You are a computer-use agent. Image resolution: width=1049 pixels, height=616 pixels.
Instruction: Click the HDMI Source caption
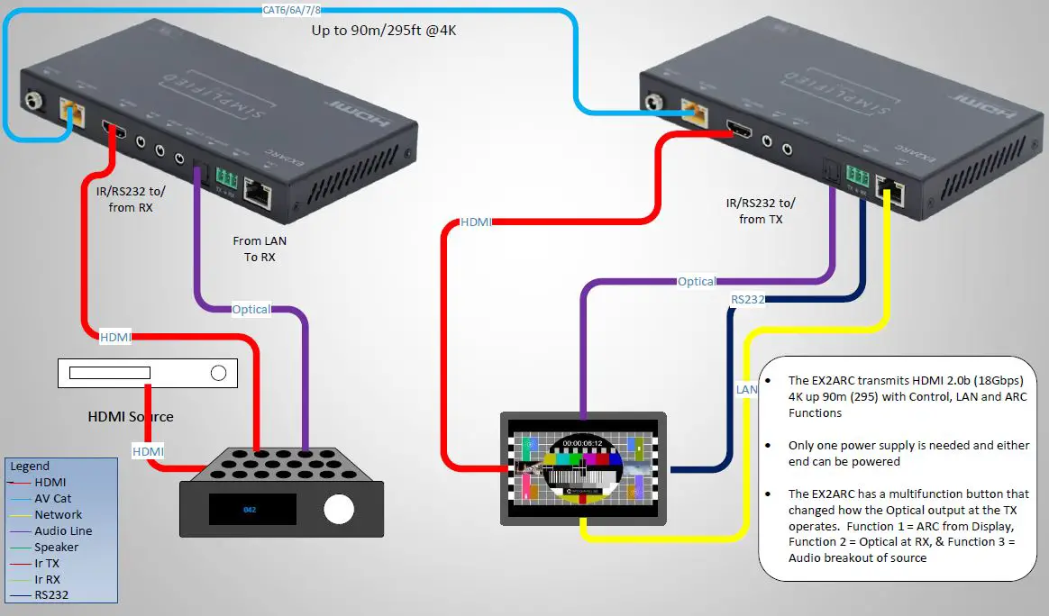[x=130, y=416]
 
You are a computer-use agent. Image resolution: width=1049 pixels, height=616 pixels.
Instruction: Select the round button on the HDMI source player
[x=218, y=373]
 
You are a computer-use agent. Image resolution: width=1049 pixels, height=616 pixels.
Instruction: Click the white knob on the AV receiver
[x=338, y=509]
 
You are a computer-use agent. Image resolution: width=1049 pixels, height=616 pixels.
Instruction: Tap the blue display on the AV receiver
[x=252, y=509]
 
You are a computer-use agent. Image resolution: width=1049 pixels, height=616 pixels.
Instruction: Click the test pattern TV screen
[x=583, y=468]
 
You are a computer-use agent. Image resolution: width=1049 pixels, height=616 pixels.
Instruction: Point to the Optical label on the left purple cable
[x=251, y=309]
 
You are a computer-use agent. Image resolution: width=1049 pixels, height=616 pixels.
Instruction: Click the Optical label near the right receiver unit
[x=697, y=281]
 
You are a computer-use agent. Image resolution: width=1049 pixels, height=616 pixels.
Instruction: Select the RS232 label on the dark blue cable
[x=747, y=299]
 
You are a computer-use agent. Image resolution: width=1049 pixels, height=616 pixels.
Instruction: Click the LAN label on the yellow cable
[x=746, y=389]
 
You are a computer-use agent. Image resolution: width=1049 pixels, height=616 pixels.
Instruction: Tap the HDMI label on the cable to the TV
[x=476, y=222]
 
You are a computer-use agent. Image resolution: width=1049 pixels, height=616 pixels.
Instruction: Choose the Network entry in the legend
[x=58, y=514]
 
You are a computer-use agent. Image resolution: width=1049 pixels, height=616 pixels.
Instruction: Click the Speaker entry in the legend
[x=56, y=547]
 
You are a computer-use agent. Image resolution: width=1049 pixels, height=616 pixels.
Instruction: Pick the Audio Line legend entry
[x=63, y=530]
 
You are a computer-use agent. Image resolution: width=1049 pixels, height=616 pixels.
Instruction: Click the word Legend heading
[x=30, y=467]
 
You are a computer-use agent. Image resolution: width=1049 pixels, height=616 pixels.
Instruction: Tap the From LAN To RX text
[x=260, y=249]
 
